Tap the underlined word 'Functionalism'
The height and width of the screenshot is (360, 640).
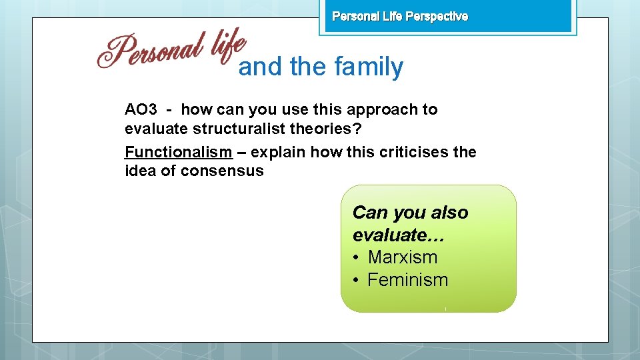click(x=178, y=152)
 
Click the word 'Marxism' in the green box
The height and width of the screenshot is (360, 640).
click(x=403, y=257)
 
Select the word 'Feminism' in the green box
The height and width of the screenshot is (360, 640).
click(x=407, y=280)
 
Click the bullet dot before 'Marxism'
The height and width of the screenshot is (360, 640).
click(x=357, y=257)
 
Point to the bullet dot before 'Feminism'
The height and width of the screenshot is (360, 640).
click(x=357, y=280)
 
